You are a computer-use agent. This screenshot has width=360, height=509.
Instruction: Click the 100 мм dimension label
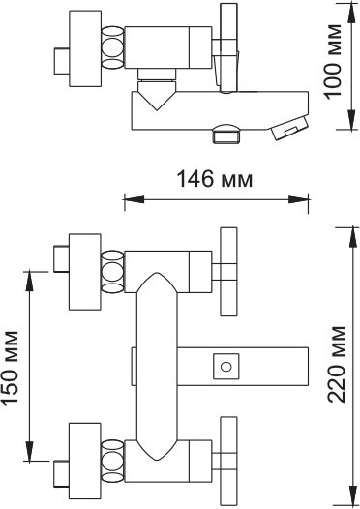333,62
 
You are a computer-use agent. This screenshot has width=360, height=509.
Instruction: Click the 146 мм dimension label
215,179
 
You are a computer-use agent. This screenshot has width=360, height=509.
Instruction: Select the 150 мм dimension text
10,368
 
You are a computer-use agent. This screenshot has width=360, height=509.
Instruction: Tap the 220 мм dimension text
337,364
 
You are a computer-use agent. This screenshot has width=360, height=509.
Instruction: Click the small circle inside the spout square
225,367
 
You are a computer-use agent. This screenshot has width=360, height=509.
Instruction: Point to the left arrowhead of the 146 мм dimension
134,199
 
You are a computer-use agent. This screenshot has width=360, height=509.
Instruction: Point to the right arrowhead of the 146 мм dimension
298,199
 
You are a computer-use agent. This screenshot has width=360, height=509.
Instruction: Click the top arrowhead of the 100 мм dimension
351,13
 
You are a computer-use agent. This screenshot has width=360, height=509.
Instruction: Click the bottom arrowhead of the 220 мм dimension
351,495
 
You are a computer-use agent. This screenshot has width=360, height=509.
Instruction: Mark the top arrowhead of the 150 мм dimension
30,280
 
